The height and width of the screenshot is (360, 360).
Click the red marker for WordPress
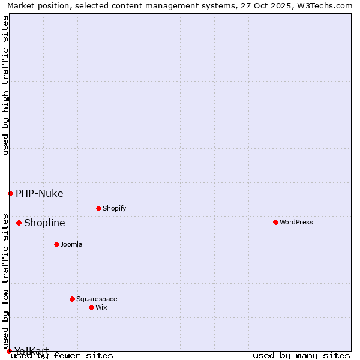[x=275, y=222]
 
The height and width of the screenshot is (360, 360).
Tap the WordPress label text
[x=296, y=222]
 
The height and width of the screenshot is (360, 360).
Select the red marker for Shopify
[x=98, y=208]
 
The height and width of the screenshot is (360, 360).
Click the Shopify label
[x=114, y=208]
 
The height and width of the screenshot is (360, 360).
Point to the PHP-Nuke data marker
[x=10, y=193]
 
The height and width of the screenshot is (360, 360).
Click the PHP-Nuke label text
[x=39, y=193]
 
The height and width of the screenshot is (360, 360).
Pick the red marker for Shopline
[x=19, y=223]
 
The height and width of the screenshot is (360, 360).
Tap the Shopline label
[x=44, y=223]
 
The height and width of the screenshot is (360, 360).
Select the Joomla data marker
[x=56, y=244]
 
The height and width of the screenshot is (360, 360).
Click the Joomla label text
[x=71, y=244]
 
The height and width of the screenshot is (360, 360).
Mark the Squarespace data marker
[x=72, y=299]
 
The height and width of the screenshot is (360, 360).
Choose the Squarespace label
[x=97, y=299]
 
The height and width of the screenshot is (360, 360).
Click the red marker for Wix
[x=91, y=307]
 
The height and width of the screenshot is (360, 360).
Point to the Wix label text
[x=101, y=307]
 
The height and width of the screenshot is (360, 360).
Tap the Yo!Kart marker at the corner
[x=9, y=351]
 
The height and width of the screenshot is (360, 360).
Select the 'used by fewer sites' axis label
[x=62, y=355]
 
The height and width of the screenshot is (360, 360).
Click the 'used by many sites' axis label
[x=301, y=355]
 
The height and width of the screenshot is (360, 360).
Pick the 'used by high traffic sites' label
[x=5, y=85]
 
